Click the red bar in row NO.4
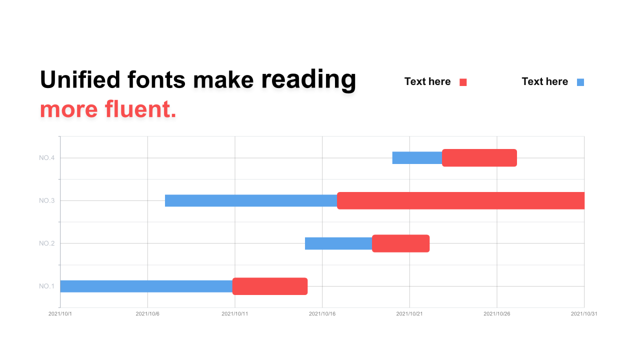pos(479,157)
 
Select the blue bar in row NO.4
pos(417,157)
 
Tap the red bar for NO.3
pos(460,200)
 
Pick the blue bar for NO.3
pos(251,200)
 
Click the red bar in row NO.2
pos(400,243)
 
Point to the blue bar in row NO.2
pos(338,243)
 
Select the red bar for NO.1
pos(269,286)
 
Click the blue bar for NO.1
pos(146,286)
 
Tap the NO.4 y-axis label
pos(46,157)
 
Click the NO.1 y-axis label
pos(46,286)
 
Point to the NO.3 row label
pos(46,200)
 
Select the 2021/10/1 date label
pos(60,313)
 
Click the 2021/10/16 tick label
pos(322,313)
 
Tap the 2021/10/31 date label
pos(584,313)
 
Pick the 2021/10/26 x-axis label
pos(496,313)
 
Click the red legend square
pos(463,82)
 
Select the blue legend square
pos(580,82)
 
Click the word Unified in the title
pos(80,79)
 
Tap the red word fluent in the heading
pos(140,109)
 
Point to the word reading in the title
pos(308,80)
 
